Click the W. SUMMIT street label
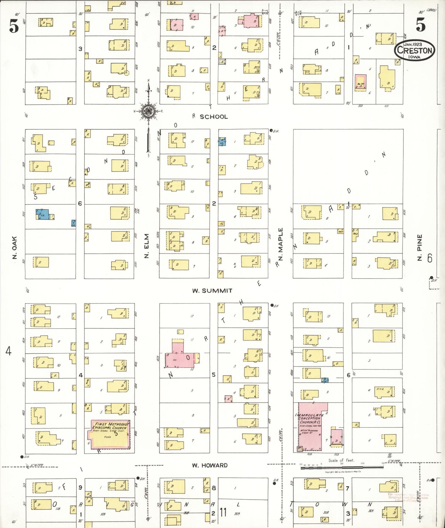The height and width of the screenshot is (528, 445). click(212, 290)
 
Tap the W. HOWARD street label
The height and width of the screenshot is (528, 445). click(210, 465)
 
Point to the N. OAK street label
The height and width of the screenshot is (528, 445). click(14, 247)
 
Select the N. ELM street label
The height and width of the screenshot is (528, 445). click(147, 246)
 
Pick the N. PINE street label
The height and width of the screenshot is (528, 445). click(419, 247)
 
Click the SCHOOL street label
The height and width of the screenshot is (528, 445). click(214, 117)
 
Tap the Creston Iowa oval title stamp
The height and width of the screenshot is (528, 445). click(415, 50)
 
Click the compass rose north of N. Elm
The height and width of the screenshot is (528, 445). click(148, 111)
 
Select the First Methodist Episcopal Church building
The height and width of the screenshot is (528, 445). click(111, 434)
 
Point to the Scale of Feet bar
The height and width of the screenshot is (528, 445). click(342, 467)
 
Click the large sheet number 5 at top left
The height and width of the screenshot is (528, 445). click(14, 26)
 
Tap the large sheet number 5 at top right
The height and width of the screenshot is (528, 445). click(421, 25)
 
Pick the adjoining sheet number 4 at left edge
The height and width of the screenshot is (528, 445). click(8, 351)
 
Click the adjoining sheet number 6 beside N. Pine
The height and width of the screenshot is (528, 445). click(430, 258)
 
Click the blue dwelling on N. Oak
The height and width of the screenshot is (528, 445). click(42, 214)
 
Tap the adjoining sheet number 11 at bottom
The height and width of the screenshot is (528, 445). click(223, 512)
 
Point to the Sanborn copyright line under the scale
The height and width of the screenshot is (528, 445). click(343, 472)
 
